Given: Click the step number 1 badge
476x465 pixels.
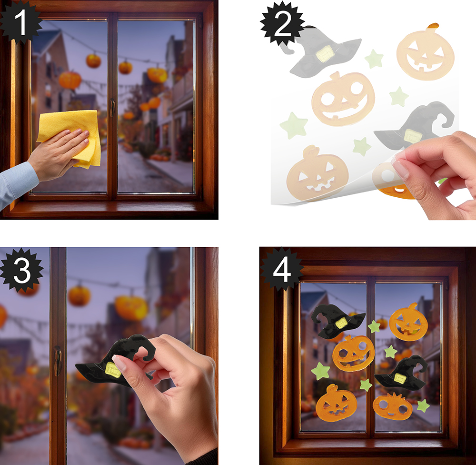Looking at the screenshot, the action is click(x=20, y=21).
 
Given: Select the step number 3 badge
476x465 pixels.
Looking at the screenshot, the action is click(x=21, y=270).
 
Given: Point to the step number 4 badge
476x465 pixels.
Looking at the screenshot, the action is click(x=282, y=270).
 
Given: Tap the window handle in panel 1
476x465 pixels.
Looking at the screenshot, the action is click(x=112, y=108).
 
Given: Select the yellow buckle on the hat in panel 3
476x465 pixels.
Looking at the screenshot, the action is click(x=113, y=369).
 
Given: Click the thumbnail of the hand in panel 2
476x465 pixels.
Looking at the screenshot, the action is click(x=401, y=169).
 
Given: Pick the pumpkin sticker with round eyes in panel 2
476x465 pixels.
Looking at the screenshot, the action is click(x=343, y=99).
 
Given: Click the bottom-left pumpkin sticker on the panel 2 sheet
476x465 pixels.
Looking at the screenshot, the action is click(x=317, y=173).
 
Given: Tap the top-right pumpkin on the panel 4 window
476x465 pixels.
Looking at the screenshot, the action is click(x=408, y=322).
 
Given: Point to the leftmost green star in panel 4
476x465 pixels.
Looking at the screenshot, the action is click(x=320, y=371).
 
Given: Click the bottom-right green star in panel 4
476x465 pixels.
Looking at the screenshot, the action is click(x=423, y=405).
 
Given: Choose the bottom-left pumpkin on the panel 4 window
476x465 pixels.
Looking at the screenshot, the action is click(x=336, y=404).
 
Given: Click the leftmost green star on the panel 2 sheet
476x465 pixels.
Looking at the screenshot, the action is click(x=294, y=125).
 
